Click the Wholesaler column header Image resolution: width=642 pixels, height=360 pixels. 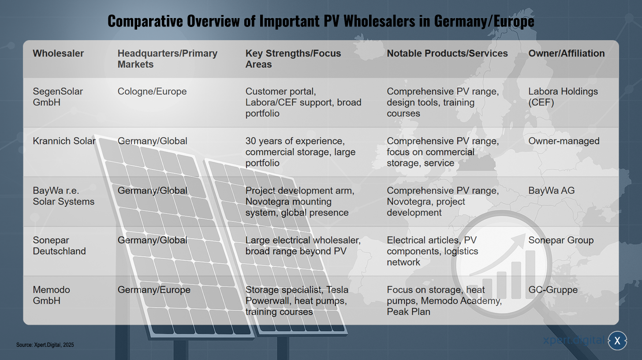pyautogui.click(x=58, y=53)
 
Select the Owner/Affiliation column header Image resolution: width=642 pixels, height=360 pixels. pyautogui.click(x=566, y=53)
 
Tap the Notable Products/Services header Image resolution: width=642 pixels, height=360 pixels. pyautogui.click(x=447, y=53)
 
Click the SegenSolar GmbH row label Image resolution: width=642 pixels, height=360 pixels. pyautogui.click(x=58, y=97)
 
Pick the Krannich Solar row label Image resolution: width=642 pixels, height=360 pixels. pyautogui.click(x=64, y=141)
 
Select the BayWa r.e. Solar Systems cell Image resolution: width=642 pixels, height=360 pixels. pyautogui.click(x=63, y=196)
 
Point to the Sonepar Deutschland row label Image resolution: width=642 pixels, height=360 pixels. pyautogui.click(x=59, y=246)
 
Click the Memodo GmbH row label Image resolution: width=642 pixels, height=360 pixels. pyautogui.click(x=51, y=295)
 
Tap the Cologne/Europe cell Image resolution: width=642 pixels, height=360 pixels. pyautogui.click(x=152, y=91)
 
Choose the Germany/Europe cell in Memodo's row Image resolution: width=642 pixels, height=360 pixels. pyautogui.click(x=154, y=290)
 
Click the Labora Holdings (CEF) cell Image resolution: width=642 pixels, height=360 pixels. pyautogui.click(x=563, y=97)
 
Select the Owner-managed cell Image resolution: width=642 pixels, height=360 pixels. pyautogui.click(x=564, y=141)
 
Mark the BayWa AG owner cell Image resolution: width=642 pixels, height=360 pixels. pyautogui.click(x=552, y=191)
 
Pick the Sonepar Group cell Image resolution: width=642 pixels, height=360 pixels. pyautogui.click(x=561, y=240)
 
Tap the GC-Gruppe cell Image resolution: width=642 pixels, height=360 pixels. pyautogui.click(x=553, y=290)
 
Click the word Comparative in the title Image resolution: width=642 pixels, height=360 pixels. pyautogui.click(x=145, y=21)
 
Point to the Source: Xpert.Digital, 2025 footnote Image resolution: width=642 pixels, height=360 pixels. pyautogui.click(x=45, y=345)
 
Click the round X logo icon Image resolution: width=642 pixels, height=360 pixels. pyautogui.click(x=617, y=341)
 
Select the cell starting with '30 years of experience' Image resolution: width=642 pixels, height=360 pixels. pyautogui.click(x=300, y=152)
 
